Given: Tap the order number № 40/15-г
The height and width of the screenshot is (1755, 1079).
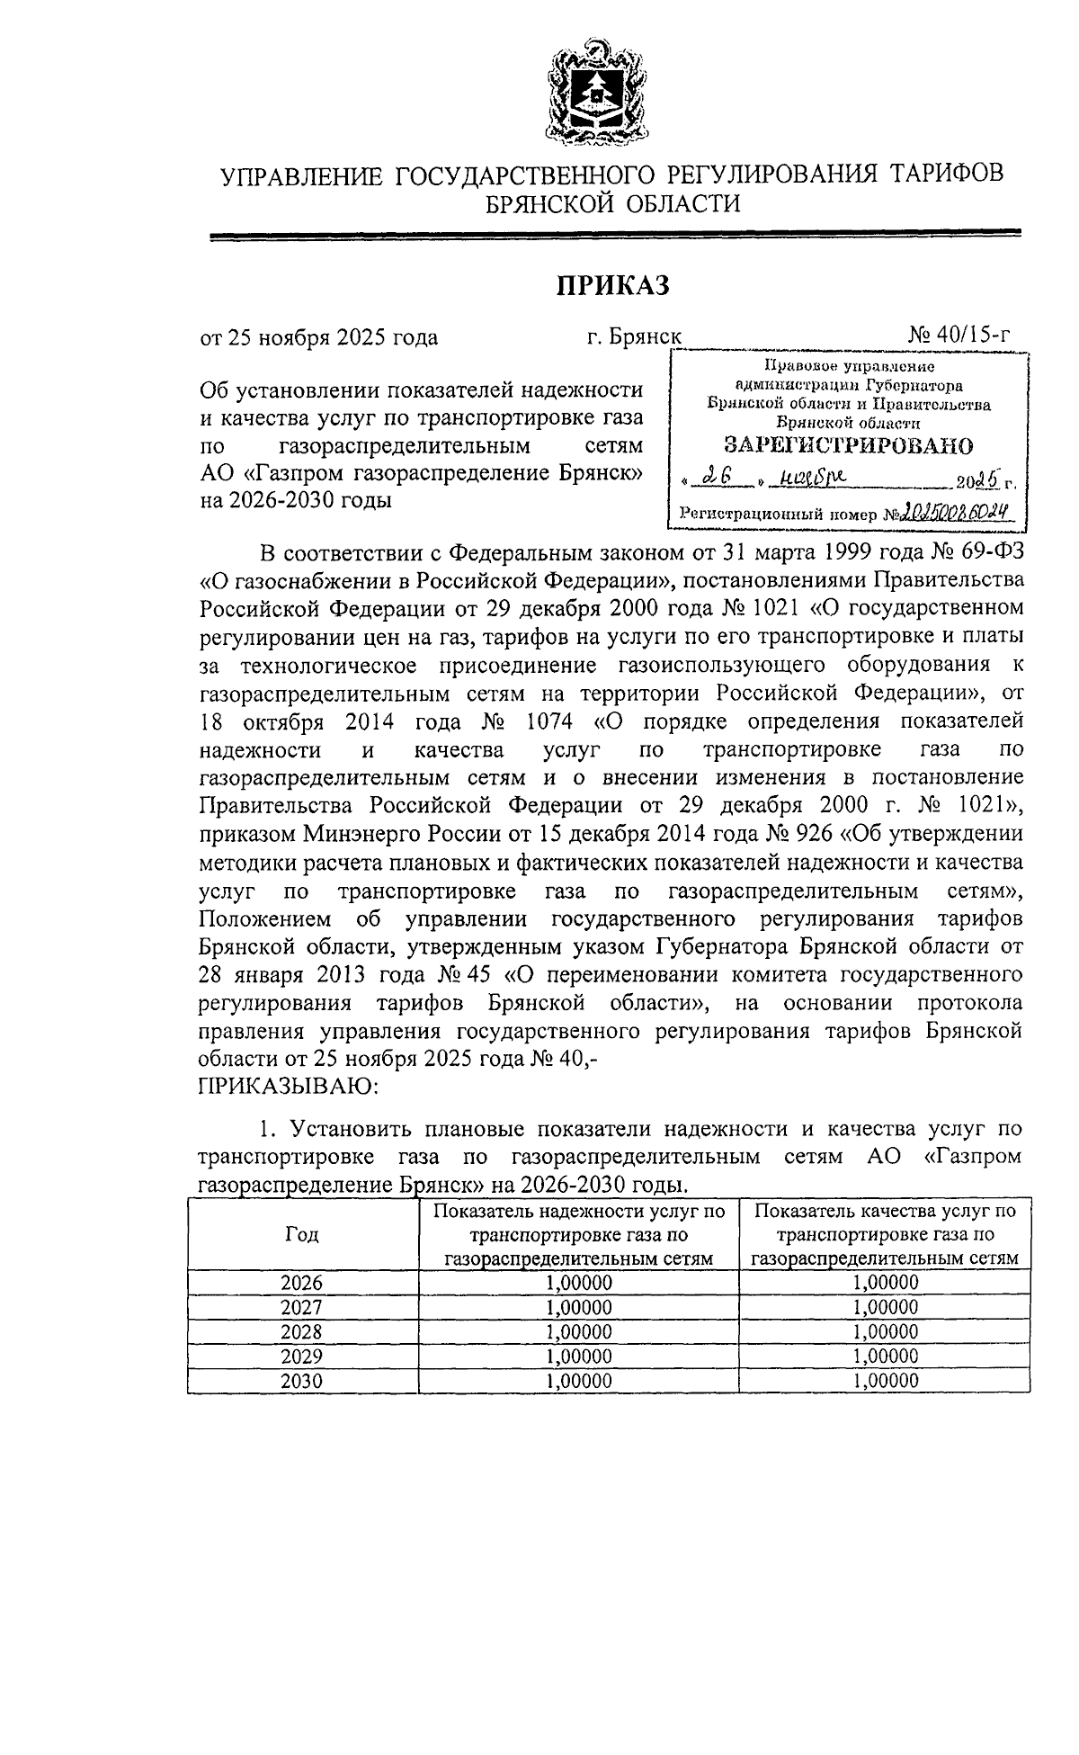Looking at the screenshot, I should click(x=959, y=336).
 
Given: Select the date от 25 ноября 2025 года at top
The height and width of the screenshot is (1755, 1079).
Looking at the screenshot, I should click(x=318, y=337).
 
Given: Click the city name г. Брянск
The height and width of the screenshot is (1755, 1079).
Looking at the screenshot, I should click(x=634, y=337).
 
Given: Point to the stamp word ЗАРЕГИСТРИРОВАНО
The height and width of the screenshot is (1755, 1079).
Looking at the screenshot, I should click(x=849, y=444).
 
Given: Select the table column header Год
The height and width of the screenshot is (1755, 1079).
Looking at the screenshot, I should click(x=301, y=1234).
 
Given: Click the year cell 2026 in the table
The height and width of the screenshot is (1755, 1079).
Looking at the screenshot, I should click(x=301, y=1283).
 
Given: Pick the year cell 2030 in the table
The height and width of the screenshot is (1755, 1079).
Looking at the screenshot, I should click(x=301, y=1381).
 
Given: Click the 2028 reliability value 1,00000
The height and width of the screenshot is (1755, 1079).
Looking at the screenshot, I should click(x=578, y=1332).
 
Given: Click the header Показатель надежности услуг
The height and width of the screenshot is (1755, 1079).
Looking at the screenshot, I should click(x=578, y=1212).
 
